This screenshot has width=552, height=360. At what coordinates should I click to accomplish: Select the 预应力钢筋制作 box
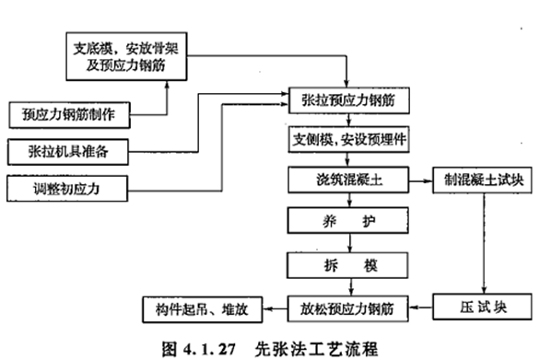click(69, 115)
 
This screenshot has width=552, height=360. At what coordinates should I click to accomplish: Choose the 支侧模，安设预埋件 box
click(347, 140)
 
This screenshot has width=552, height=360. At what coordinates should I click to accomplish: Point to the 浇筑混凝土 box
click(347, 180)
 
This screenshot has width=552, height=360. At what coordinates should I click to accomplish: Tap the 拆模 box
click(347, 265)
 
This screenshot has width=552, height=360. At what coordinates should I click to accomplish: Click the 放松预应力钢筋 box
click(347, 308)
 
